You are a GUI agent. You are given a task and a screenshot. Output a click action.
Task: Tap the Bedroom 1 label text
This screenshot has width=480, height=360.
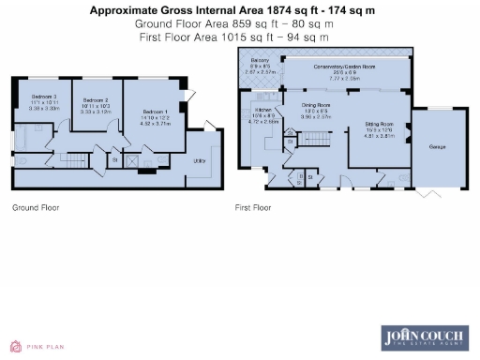[x=155, y=112]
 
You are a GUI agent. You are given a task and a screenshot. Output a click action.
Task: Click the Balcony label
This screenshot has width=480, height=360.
[x=260, y=61]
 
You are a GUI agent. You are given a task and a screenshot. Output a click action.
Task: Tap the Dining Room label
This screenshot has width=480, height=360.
[x=316, y=105]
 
